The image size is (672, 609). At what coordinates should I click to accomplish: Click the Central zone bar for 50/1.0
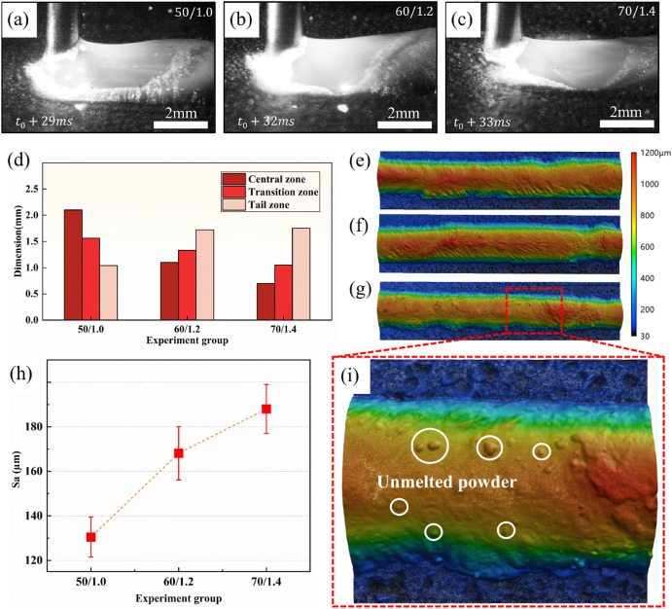click(74, 265)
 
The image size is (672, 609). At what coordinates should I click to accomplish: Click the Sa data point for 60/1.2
click(178, 453)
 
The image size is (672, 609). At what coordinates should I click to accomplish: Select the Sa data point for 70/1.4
click(266, 409)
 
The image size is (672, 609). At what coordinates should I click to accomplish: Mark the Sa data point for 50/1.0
click(90, 537)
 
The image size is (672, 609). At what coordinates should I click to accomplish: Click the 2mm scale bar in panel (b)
click(405, 125)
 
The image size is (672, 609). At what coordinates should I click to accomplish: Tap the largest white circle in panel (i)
click(430, 445)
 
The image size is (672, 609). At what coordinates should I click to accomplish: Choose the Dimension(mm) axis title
click(18, 239)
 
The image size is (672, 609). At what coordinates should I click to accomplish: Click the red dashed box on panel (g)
click(534, 304)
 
